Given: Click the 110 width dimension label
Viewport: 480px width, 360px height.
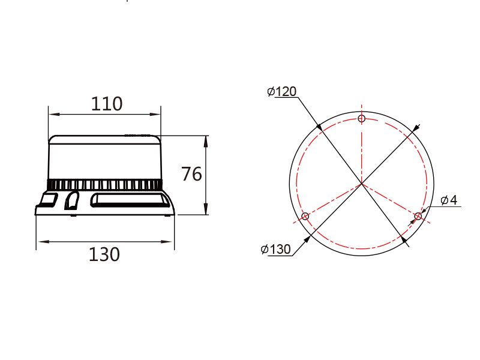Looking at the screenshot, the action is click(x=107, y=104).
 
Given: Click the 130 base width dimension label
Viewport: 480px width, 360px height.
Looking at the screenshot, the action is click(x=104, y=254).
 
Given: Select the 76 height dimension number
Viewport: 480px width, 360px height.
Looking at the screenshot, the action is click(x=191, y=174).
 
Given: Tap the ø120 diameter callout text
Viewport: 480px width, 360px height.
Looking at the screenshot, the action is click(x=281, y=91).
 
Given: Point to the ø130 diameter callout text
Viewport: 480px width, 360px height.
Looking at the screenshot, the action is click(x=275, y=249).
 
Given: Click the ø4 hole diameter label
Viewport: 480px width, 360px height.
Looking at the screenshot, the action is click(x=449, y=200).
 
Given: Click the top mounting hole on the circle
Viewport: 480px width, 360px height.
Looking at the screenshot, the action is click(x=362, y=118).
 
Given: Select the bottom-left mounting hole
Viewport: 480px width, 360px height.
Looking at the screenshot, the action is click(x=305, y=217).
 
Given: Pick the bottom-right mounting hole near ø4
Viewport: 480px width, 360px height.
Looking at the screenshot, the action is click(x=418, y=217).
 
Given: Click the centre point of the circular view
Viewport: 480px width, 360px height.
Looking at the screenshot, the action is click(x=362, y=184).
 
